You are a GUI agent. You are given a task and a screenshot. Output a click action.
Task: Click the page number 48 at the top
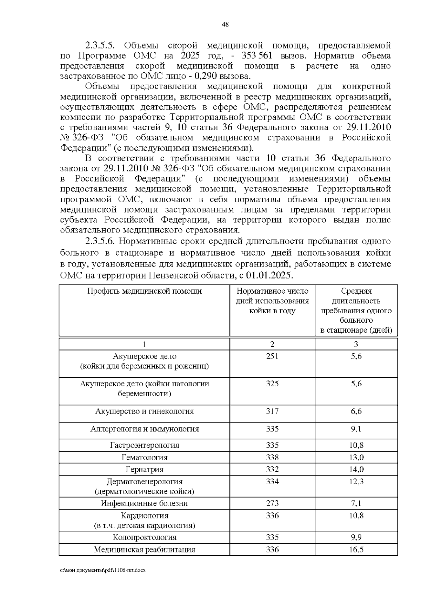[x=226, y=24]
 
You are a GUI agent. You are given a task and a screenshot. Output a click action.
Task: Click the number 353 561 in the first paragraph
[x=258, y=55]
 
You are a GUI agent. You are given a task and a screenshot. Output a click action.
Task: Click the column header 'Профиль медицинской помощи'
[x=144, y=291]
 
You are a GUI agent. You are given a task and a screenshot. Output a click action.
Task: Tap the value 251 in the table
[x=272, y=356]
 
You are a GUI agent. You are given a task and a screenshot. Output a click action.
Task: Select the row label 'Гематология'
[x=144, y=457]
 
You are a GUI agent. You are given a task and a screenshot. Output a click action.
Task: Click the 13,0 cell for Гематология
[x=356, y=457]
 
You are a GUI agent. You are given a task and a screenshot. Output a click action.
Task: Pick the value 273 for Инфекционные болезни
[x=272, y=503]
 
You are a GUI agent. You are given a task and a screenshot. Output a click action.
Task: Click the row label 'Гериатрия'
[x=144, y=469]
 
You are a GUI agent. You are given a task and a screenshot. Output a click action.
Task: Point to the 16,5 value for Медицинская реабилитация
[x=356, y=549]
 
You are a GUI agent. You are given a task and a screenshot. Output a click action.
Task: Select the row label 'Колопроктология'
[x=144, y=537]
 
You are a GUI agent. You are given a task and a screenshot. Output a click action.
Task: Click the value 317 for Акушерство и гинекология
[x=272, y=411]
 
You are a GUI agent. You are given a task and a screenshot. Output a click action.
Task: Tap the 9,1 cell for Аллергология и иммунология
[x=356, y=429]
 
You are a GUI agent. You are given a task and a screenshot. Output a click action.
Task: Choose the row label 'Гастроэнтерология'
[x=144, y=445]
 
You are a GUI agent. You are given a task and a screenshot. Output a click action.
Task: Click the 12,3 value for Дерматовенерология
[x=356, y=482]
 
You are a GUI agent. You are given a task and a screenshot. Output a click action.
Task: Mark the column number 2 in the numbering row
[x=272, y=344]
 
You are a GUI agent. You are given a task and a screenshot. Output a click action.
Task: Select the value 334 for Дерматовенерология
[x=272, y=482]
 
